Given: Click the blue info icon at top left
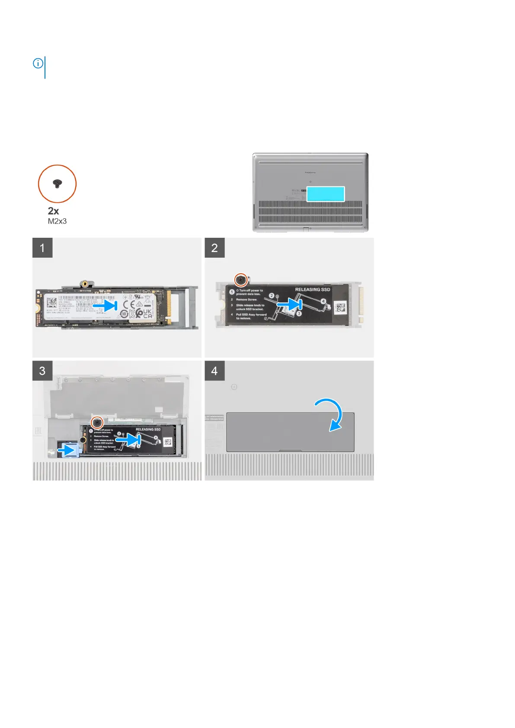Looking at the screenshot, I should click(38, 64).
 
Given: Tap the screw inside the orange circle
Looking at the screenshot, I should click(57, 184).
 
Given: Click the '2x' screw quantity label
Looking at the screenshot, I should click(53, 211).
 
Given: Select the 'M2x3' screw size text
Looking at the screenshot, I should click(57, 221).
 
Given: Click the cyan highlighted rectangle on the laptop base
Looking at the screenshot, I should click(326, 194).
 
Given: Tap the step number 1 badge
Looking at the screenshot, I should click(42, 248).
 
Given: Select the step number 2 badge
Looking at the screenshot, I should click(214, 248).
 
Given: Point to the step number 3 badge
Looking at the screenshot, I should click(42, 371).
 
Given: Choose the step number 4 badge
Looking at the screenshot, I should click(214, 371).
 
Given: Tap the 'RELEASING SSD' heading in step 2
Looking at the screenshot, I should click(312, 290).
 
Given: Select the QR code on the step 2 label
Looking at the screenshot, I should click(341, 308).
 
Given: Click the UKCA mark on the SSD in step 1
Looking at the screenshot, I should click(147, 313).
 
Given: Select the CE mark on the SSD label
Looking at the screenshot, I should click(130, 304).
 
